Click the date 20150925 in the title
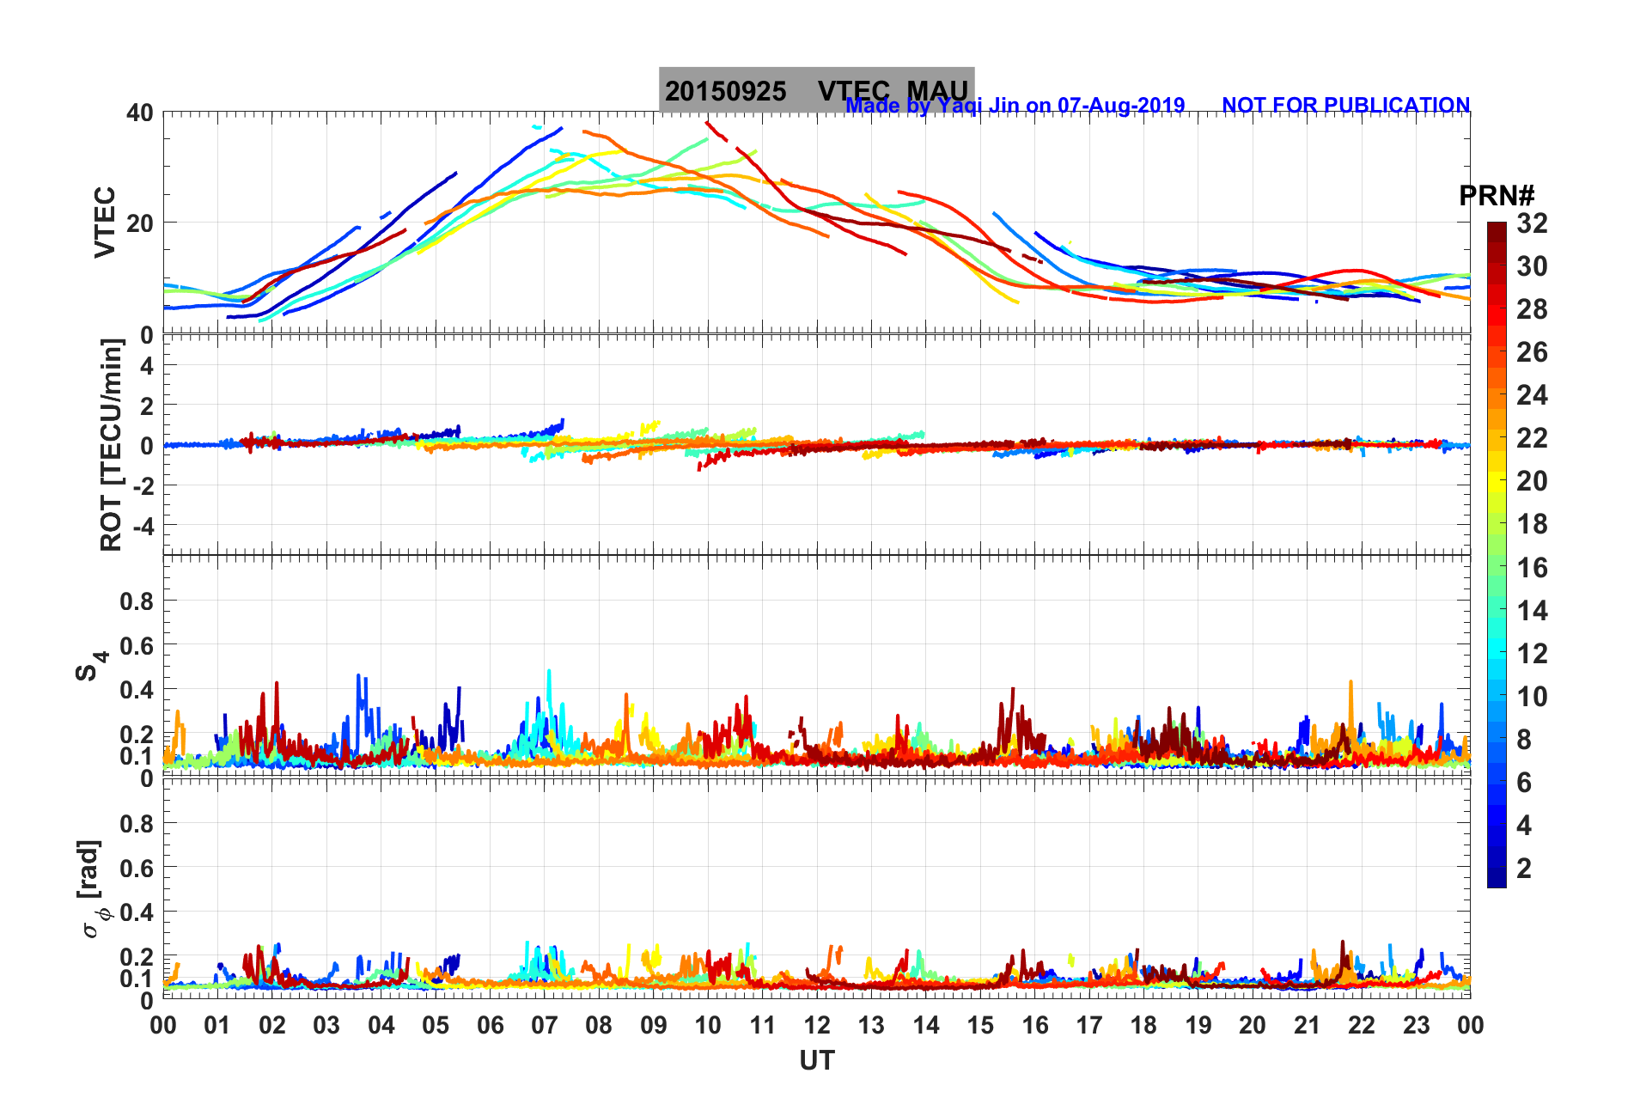click(x=725, y=91)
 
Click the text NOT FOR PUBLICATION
click(x=1345, y=105)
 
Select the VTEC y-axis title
click(x=105, y=222)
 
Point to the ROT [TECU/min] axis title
click(x=112, y=444)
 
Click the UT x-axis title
click(x=816, y=1061)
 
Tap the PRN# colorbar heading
click(x=1497, y=196)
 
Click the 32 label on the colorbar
click(x=1532, y=223)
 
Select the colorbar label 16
click(x=1532, y=567)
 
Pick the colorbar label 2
click(x=1524, y=868)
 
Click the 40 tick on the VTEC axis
click(x=140, y=113)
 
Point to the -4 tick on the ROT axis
click(x=141, y=524)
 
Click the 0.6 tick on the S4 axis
click(x=137, y=645)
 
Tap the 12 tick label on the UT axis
click(x=817, y=1025)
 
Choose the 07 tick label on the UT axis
click(x=545, y=1025)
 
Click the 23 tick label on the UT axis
click(x=1416, y=1025)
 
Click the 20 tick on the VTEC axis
click(x=140, y=223)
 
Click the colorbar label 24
click(x=1532, y=395)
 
